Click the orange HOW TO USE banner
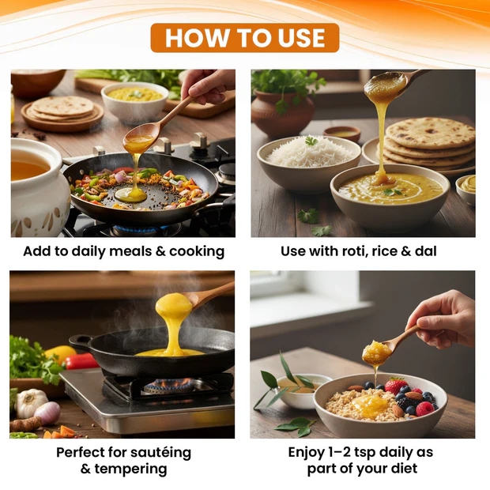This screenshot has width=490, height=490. pyautogui.click(x=245, y=38)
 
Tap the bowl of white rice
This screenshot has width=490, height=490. pyautogui.click(x=309, y=163)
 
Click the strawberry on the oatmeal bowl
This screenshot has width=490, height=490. pyautogui.click(x=396, y=386)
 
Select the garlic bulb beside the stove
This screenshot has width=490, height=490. pyautogui.click(x=30, y=403)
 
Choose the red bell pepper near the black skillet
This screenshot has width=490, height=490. pyautogui.click(x=81, y=361)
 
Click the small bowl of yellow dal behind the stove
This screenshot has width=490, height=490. pyautogui.click(x=134, y=102)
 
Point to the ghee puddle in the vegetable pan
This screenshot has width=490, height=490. pyautogui.click(x=130, y=194)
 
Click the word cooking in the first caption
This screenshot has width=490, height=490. pyautogui.click(x=197, y=251)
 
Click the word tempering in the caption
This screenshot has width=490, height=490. pyautogui.click(x=130, y=469)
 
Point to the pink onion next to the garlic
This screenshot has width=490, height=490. pyautogui.click(x=47, y=413)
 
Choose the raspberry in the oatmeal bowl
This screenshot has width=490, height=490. pyautogui.click(x=424, y=409)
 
